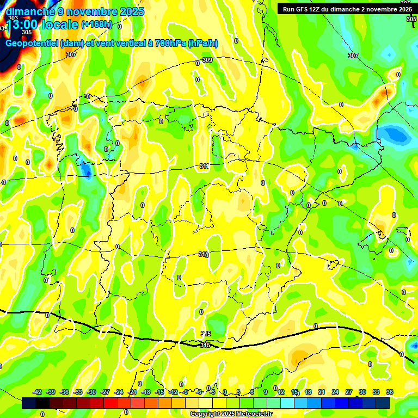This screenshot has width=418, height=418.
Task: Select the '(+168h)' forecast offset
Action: pos(97,24)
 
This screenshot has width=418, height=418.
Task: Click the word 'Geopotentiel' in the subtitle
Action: pos(33,44)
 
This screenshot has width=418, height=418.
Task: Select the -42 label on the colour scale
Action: pos(37,392)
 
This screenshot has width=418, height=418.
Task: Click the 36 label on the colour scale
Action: pos(390,392)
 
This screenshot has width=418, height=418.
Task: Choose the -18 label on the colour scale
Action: pos(146,392)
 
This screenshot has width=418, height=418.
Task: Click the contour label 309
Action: pos(207,60)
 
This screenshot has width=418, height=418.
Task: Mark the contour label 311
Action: pos(204,166)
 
